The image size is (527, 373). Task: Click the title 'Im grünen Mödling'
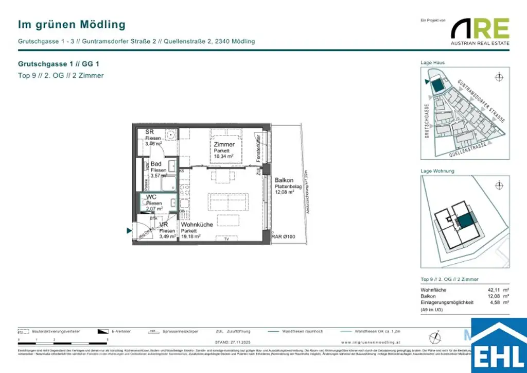[x=72, y=24]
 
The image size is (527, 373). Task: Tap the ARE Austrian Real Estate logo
[x=480, y=31]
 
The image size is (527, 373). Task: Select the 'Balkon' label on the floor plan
[x=284, y=180]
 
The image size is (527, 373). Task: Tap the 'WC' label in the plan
[x=151, y=197]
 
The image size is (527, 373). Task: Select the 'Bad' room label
[x=156, y=164]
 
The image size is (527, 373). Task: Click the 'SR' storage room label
[x=149, y=132]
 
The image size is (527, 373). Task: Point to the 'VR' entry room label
[x=164, y=225]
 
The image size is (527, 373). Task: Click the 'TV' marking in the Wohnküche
[x=226, y=240]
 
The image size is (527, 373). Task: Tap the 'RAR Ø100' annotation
[x=283, y=236]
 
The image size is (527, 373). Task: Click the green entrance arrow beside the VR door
[x=129, y=231]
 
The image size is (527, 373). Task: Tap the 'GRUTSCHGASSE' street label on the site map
[x=427, y=121]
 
